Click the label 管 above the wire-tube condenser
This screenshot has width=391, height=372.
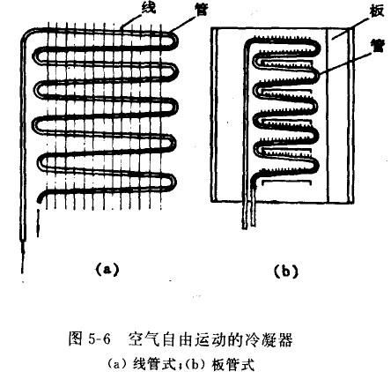click(x=201, y=10)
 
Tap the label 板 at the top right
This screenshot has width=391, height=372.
click(x=376, y=11)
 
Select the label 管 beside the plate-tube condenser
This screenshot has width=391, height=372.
click(x=376, y=47)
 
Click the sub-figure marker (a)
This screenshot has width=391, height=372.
click(x=107, y=269)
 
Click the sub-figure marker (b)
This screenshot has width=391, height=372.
click(x=285, y=272)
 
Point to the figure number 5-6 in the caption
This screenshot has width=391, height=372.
click(x=98, y=339)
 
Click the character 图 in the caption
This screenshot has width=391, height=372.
click(x=75, y=339)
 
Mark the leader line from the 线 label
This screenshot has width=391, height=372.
click(x=133, y=20)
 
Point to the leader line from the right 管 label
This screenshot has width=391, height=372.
click(x=345, y=61)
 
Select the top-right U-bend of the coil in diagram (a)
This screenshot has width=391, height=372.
click(x=173, y=40)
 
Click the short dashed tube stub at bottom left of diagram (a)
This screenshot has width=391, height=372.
click(x=38, y=223)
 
